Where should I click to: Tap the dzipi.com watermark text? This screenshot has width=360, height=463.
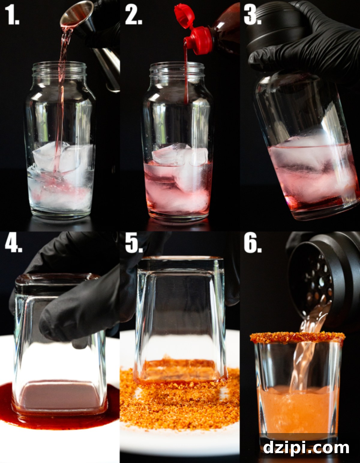coord(306,448)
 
